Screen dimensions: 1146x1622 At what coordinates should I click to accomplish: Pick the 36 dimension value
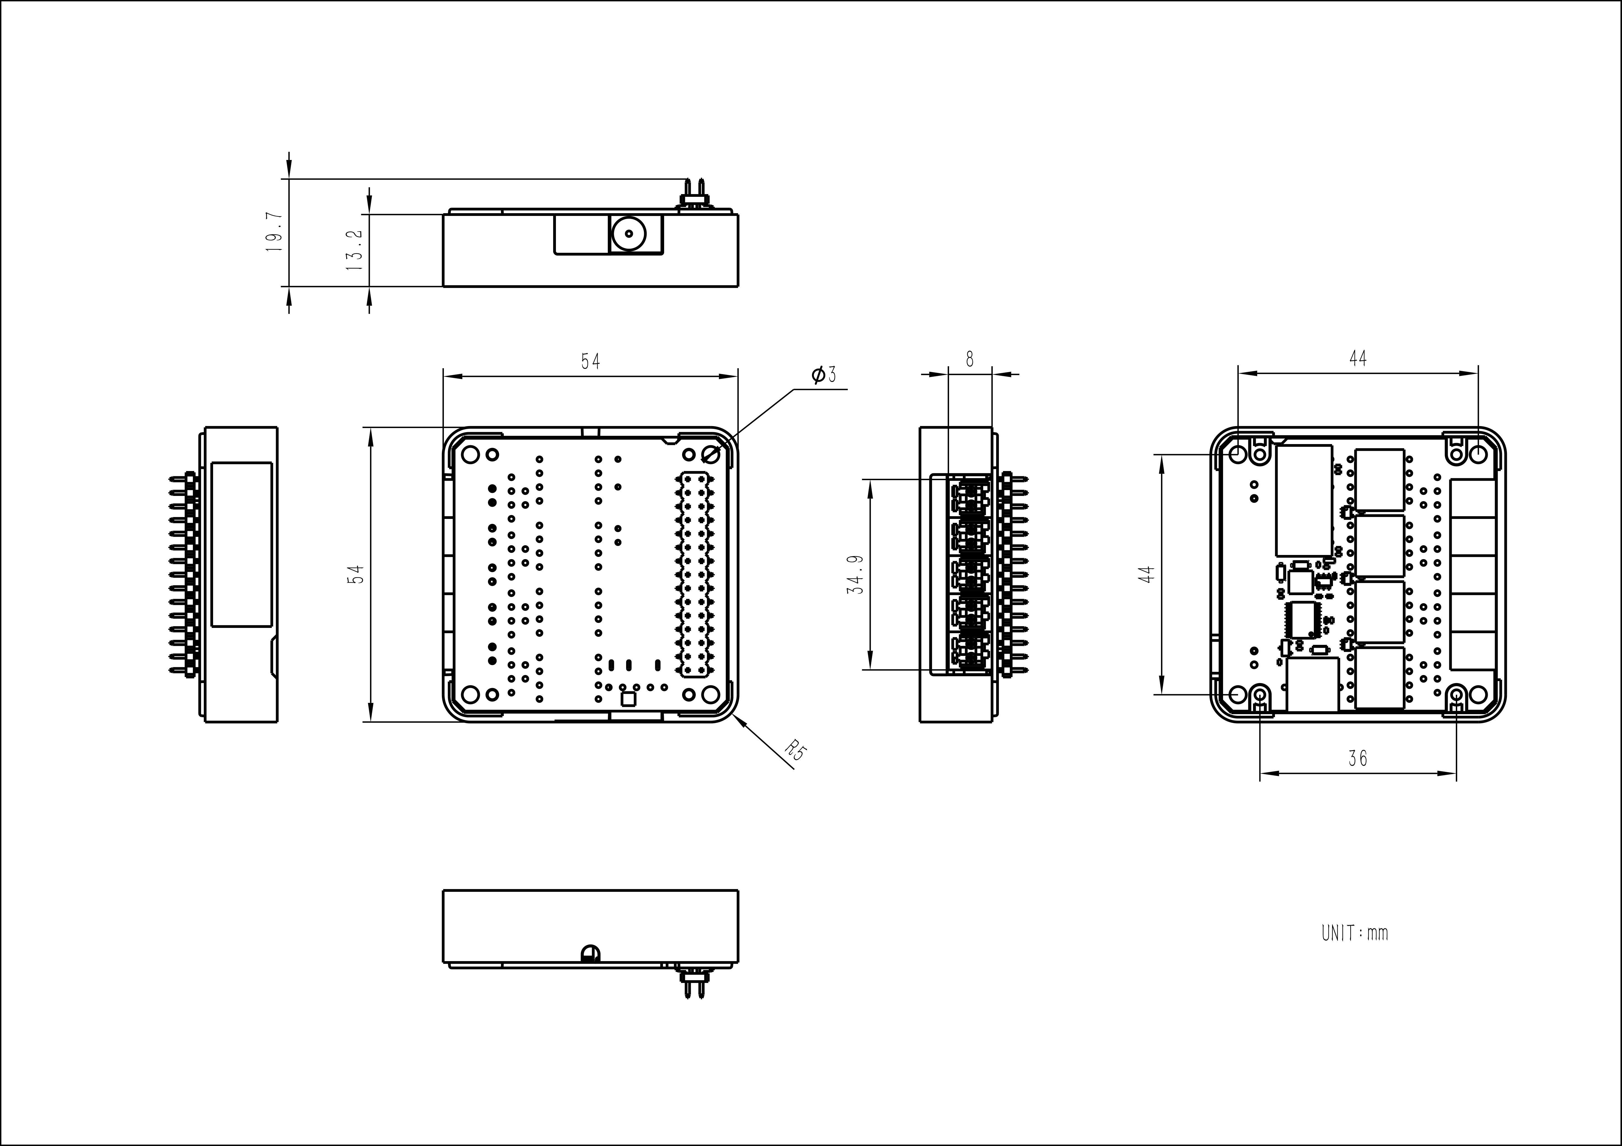click(1357, 758)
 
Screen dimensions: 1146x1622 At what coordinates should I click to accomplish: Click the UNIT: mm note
click(1354, 933)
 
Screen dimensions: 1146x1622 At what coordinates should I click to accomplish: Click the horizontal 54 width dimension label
click(591, 361)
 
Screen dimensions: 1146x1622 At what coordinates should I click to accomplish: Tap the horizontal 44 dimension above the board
click(1357, 359)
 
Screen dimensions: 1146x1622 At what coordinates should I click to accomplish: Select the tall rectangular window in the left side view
click(242, 545)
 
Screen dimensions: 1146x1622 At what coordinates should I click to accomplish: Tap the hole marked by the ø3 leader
click(711, 455)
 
